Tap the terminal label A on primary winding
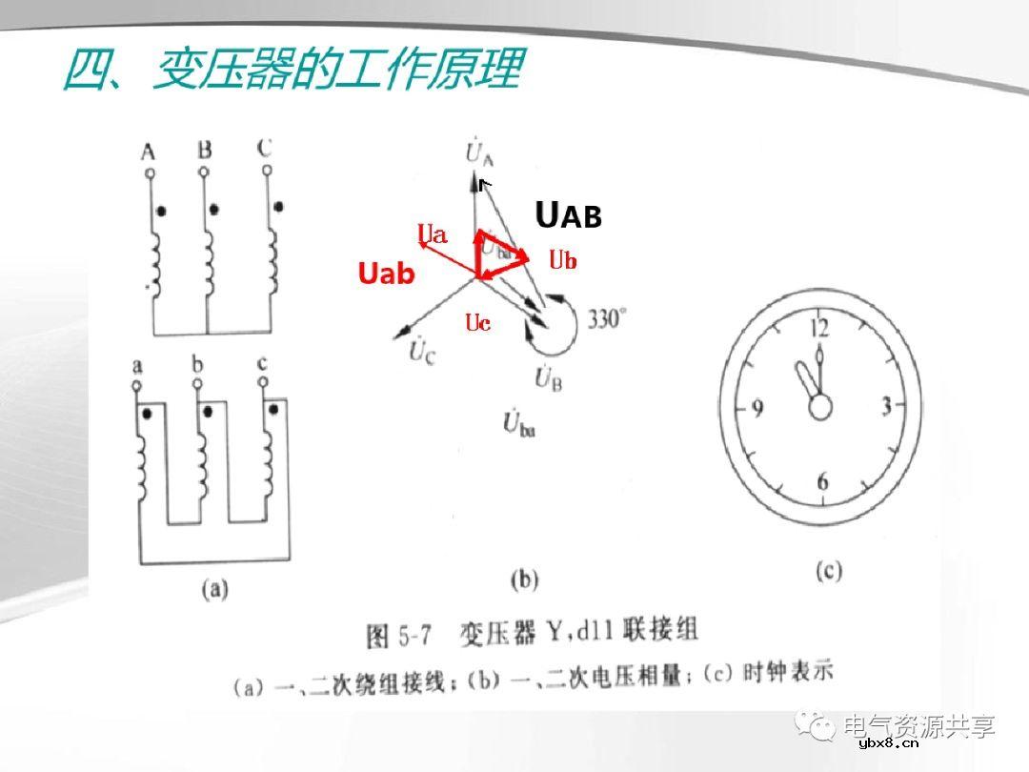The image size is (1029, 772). [x=148, y=151]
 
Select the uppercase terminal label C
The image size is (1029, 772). [x=265, y=149]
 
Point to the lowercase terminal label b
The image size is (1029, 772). [x=197, y=364]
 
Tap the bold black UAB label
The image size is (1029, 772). [x=569, y=216]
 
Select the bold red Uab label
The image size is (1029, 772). [x=387, y=274]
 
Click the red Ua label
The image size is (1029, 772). [x=433, y=234]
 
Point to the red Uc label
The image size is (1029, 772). [x=478, y=323]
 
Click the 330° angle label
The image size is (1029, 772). [x=607, y=319]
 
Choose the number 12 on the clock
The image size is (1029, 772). [x=819, y=329]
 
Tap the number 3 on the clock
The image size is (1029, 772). [x=886, y=407]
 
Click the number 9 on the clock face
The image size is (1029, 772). [x=757, y=409]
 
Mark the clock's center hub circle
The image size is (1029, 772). [x=820, y=407]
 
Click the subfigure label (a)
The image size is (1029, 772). [x=214, y=589]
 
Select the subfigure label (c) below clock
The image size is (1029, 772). [x=829, y=571]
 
